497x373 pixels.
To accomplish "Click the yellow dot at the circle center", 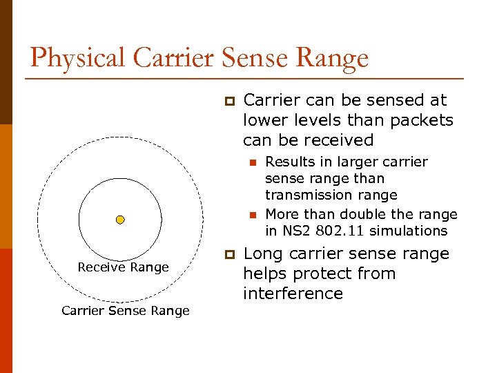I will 120,220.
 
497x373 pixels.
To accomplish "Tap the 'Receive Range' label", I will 123,267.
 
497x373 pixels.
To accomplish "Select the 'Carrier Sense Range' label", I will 125,311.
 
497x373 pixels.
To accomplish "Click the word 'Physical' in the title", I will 78,58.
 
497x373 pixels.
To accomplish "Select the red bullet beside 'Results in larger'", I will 253,162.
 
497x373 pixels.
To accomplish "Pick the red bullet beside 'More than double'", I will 253,215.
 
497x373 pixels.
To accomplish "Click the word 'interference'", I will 293,294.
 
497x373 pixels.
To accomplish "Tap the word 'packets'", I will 422,120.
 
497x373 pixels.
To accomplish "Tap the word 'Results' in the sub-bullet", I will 289,162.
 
